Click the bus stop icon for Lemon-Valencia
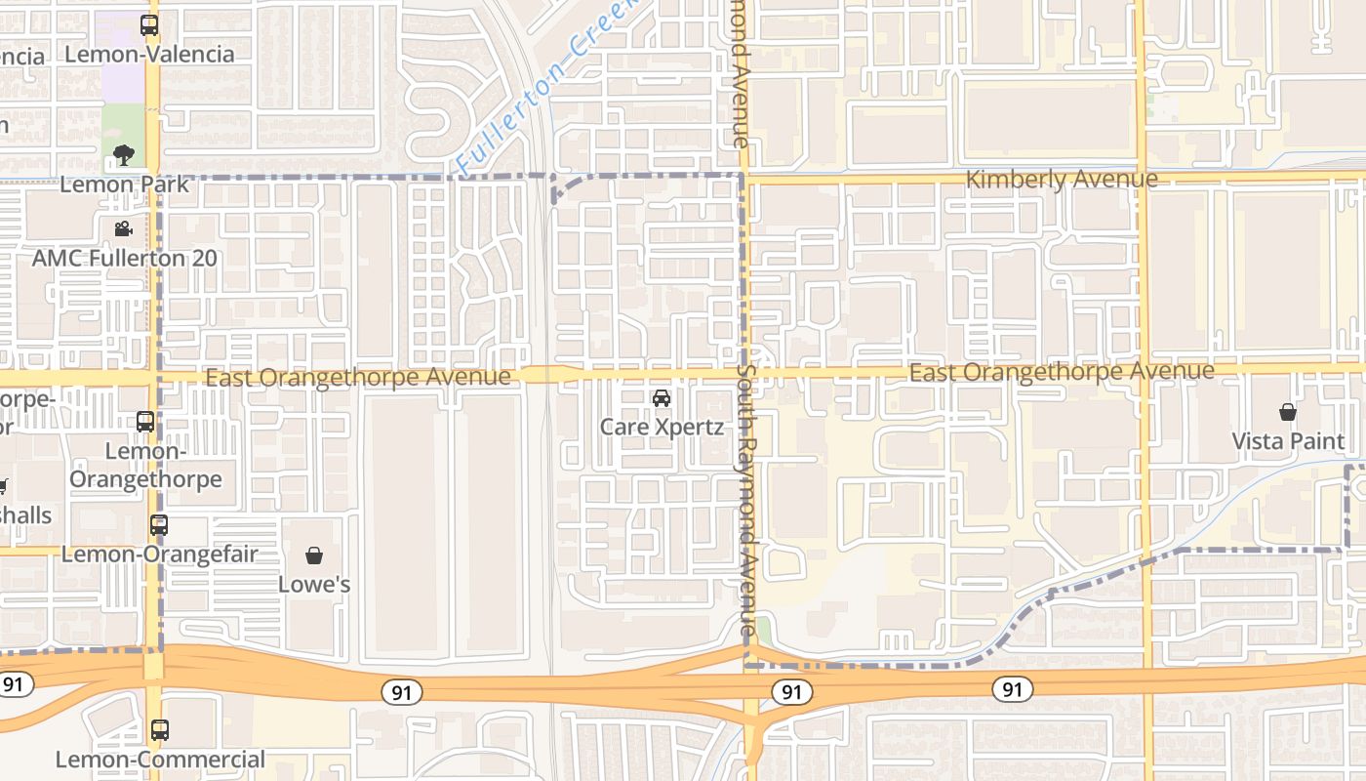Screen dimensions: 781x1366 pyautogui.click(x=149, y=26)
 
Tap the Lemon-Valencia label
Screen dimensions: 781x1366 pyautogui.click(x=149, y=54)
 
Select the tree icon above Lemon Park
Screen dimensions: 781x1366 pyautogui.click(x=123, y=154)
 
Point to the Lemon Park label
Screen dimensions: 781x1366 pyautogui.click(x=125, y=184)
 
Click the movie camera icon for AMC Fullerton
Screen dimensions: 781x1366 pyautogui.click(x=123, y=229)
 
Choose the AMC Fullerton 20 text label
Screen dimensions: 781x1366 pyautogui.click(x=125, y=259)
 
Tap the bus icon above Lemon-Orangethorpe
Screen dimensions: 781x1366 pyautogui.click(x=145, y=422)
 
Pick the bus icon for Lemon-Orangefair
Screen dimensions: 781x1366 pyautogui.click(x=159, y=525)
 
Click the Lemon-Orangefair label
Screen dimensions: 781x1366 pyautogui.click(x=160, y=555)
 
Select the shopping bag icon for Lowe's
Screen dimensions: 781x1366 pyautogui.click(x=314, y=555)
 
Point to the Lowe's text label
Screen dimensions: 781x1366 pyautogui.click(x=314, y=585)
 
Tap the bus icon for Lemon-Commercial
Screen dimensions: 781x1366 pyautogui.click(x=159, y=730)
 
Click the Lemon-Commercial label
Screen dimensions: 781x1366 pyautogui.click(x=160, y=760)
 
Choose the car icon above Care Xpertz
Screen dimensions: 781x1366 pyautogui.click(x=662, y=398)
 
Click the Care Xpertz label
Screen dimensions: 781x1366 pyautogui.click(x=662, y=427)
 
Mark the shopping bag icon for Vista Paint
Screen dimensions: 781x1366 pyautogui.click(x=1288, y=412)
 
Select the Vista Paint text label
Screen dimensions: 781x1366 pyautogui.click(x=1288, y=441)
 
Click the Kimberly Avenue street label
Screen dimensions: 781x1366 pyautogui.click(x=1062, y=180)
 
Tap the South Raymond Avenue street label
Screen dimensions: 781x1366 pyautogui.click(x=745, y=498)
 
